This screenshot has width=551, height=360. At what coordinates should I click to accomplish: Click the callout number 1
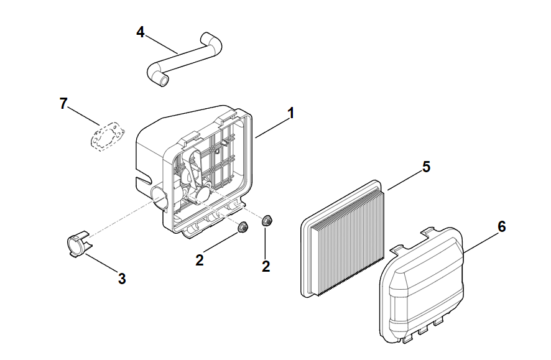pyautogui.click(x=290, y=113)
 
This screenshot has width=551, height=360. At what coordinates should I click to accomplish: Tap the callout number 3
pyautogui.click(x=123, y=279)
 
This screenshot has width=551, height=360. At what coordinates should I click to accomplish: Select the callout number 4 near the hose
pyautogui.click(x=141, y=32)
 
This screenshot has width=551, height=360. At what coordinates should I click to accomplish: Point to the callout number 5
pyautogui.click(x=425, y=166)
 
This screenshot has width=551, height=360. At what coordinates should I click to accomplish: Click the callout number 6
pyautogui.click(x=501, y=226)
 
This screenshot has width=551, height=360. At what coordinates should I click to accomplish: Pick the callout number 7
pyautogui.click(x=63, y=103)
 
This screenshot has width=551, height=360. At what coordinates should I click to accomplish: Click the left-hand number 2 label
pyautogui.click(x=200, y=261)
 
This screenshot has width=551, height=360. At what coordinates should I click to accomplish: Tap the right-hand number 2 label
pyautogui.click(x=266, y=266)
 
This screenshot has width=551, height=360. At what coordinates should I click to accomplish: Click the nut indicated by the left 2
pyautogui.click(x=244, y=227)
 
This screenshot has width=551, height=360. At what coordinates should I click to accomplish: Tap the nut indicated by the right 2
pyautogui.click(x=267, y=219)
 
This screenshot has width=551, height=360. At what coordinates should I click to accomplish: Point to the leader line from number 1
pyautogui.click(x=271, y=126)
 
